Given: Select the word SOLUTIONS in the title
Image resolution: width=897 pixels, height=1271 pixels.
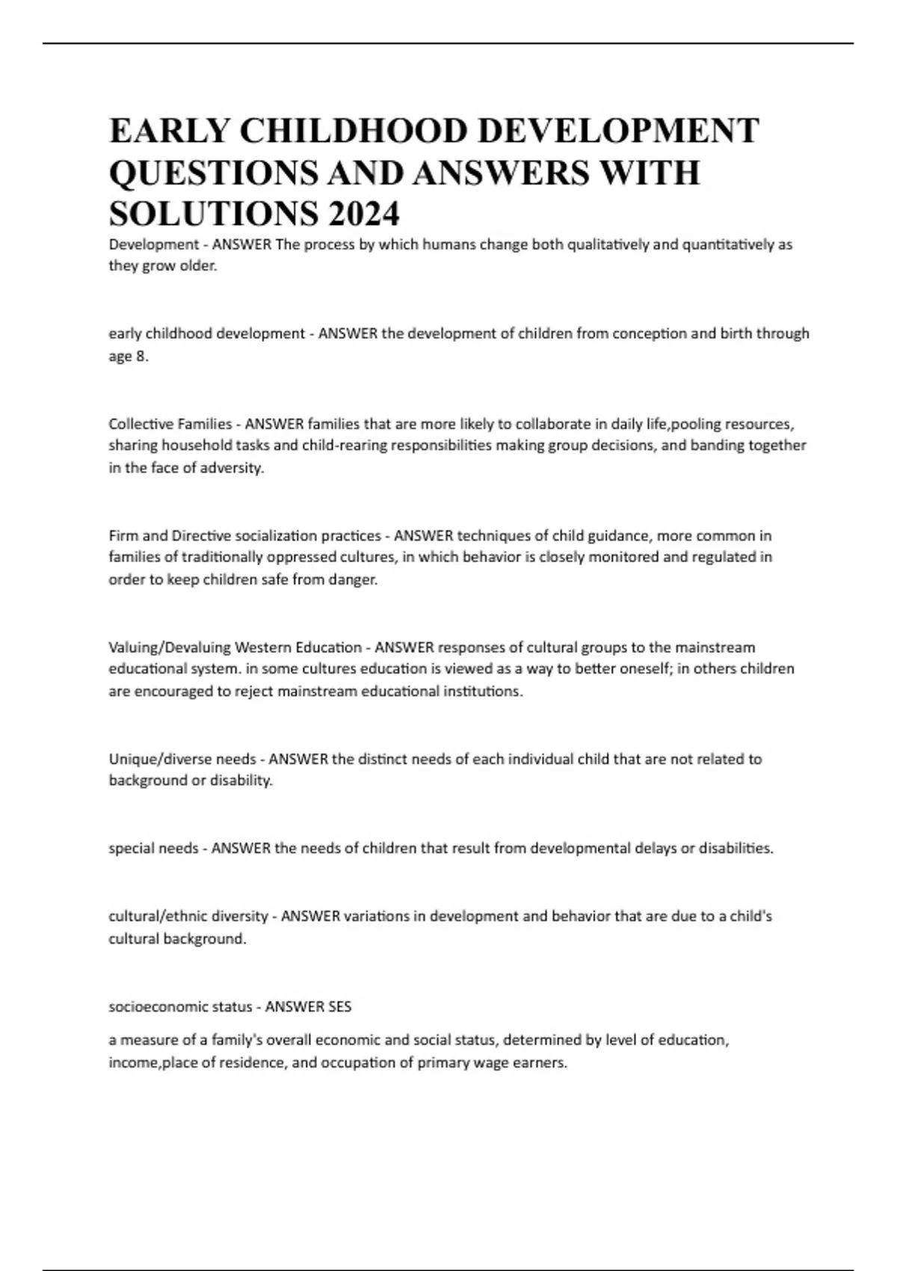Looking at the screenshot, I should (x=212, y=215).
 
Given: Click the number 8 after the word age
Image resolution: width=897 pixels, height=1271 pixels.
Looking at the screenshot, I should (x=141, y=357).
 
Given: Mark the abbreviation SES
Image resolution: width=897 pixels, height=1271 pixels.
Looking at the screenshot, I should (x=339, y=1006).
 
